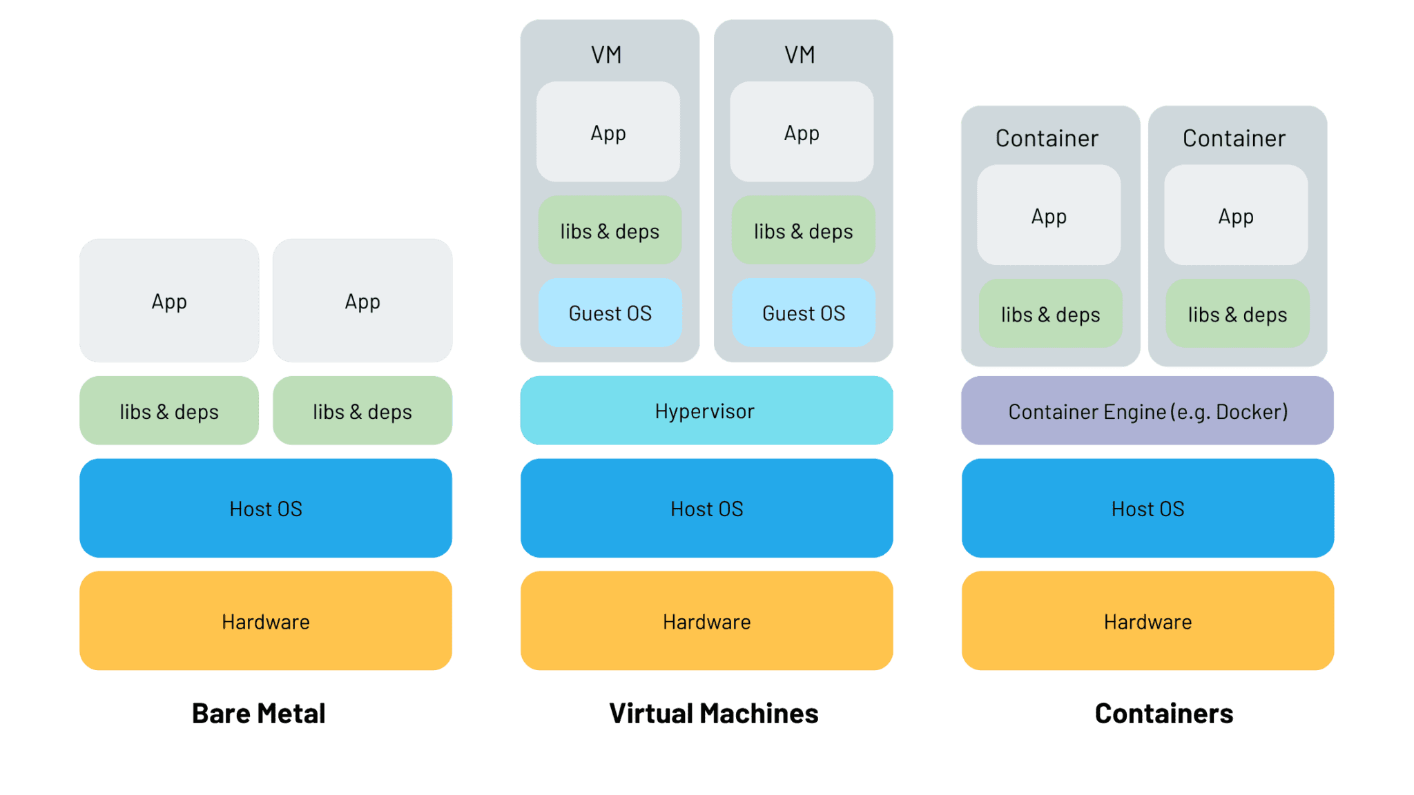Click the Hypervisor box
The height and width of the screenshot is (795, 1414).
pyautogui.click(x=706, y=411)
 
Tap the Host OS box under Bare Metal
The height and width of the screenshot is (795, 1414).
pyautogui.click(x=266, y=509)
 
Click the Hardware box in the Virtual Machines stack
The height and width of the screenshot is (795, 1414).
pyautogui.click(x=706, y=621)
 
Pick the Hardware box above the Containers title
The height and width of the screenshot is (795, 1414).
pyautogui.click(x=1147, y=621)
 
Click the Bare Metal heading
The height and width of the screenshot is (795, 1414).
pyautogui.click(x=258, y=713)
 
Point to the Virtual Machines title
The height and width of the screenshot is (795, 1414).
pyautogui.click(x=713, y=713)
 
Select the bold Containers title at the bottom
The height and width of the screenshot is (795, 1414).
pyautogui.click(x=1163, y=713)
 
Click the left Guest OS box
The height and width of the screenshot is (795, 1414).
pyautogui.click(x=610, y=313)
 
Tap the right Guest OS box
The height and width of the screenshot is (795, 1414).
pyautogui.click(x=803, y=313)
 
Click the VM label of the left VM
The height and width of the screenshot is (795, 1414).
pyautogui.click(x=606, y=55)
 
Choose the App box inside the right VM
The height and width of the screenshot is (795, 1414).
pyautogui.click(x=802, y=132)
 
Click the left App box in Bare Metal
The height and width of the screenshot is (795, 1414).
pyautogui.click(x=169, y=301)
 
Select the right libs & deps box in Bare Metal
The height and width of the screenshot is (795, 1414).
pyautogui.click(x=362, y=411)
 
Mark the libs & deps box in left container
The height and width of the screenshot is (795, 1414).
pyautogui.click(x=1050, y=314)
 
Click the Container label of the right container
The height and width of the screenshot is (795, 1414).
pyautogui.click(x=1234, y=138)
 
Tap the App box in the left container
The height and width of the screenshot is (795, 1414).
pyautogui.click(x=1049, y=215)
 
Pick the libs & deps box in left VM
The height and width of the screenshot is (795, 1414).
pyautogui.click(x=610, y=230)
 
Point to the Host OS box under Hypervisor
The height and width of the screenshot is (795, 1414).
pyautogui.click(x=706, y=509)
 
